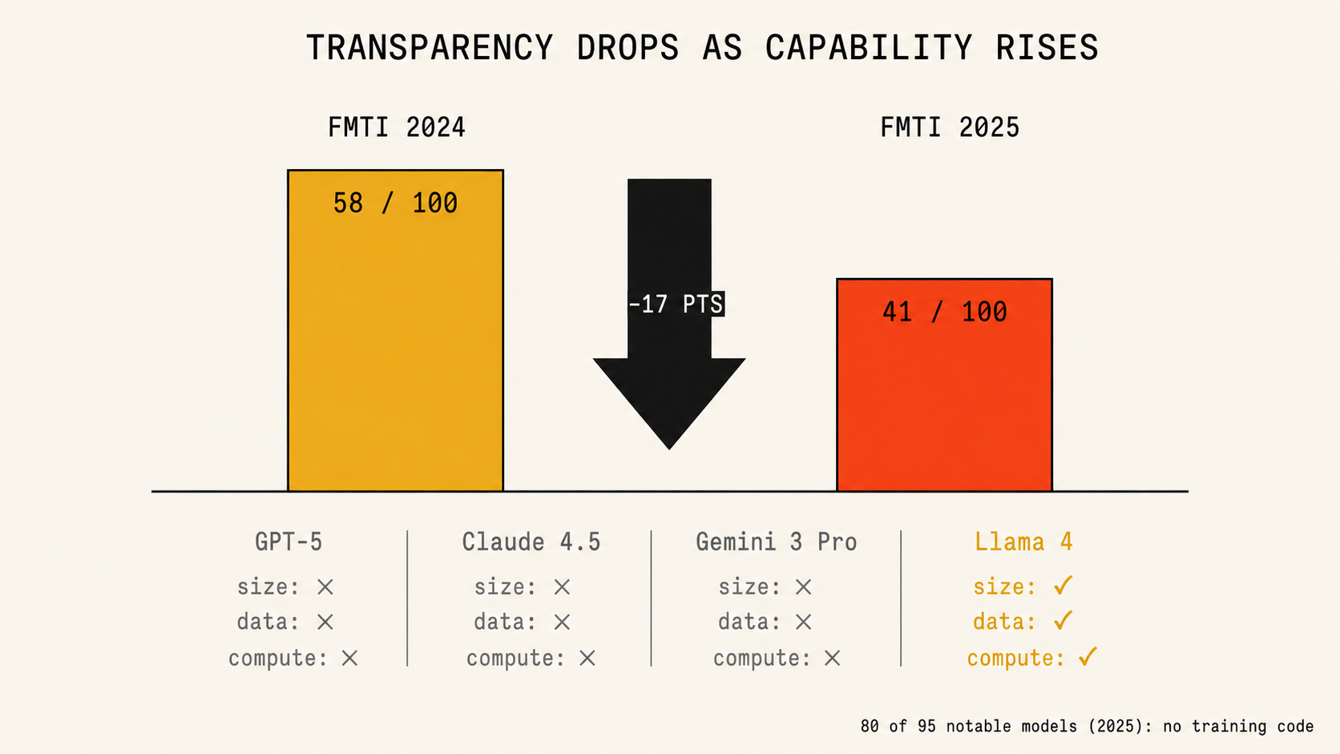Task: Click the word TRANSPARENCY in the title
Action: coord(430,47)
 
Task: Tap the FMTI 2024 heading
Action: coord(397,127)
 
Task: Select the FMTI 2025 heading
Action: coord(950,127)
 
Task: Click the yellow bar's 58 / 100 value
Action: coord(395,204)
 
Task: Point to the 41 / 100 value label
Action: coord(945,312)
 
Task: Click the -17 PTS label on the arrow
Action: coord(676,304)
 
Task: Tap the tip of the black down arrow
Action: coord(669,449)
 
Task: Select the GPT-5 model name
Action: coord(289,542)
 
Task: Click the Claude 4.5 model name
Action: coord(531,542)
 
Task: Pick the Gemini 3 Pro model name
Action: coord(776,542)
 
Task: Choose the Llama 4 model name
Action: coord(1023,542)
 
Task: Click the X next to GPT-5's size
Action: coord(325,587)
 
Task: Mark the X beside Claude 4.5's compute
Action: coord(587,659)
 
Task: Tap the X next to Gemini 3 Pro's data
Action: coord(803,623)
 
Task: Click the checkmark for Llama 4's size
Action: coord(1063,586)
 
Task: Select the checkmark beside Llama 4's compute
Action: coord(1088,656)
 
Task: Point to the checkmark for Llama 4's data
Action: coord(1063,621)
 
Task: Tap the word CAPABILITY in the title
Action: coord(869,47)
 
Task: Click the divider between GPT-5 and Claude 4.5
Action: coord(407,598)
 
